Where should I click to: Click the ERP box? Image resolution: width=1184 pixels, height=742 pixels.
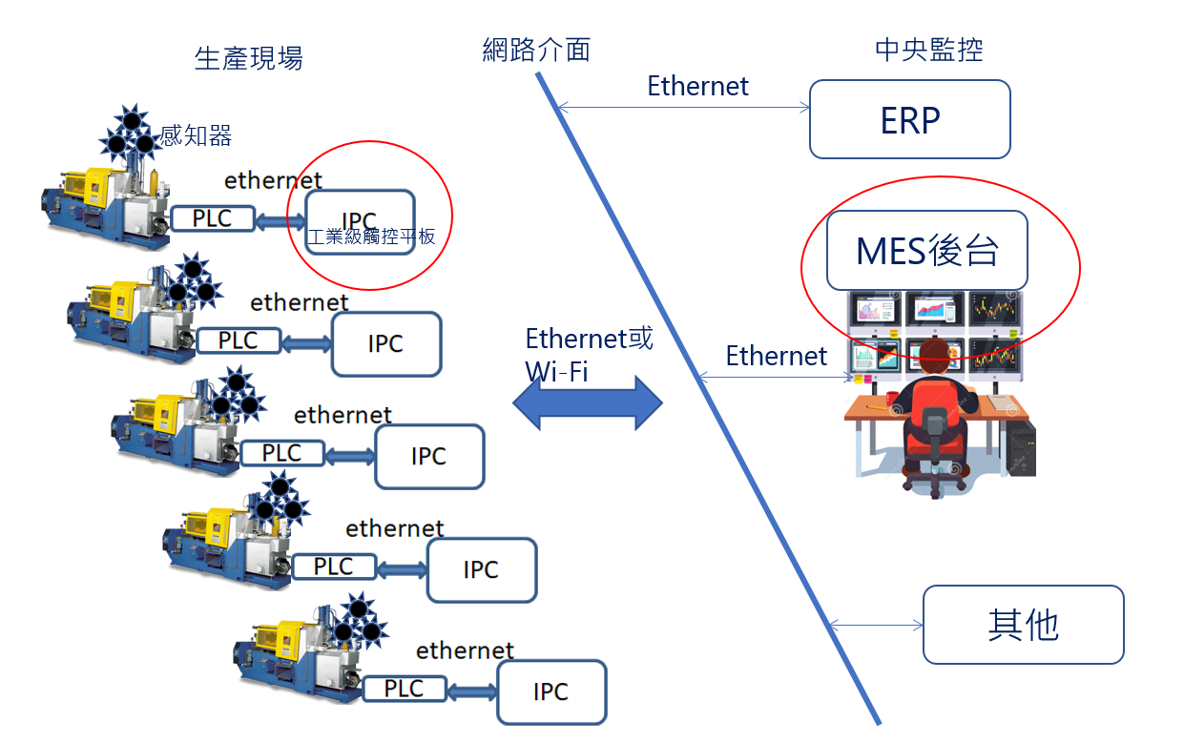coord(909,119)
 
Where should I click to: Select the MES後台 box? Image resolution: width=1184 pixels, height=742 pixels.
coord(926,251)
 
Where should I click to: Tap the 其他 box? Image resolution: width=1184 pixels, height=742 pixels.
coord(1023,625)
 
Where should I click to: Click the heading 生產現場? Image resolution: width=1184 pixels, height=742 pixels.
coord(248,58)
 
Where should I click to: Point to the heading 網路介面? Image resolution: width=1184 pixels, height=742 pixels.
coord(536,50)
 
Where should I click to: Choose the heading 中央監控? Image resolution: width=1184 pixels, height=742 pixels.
coord(928,50)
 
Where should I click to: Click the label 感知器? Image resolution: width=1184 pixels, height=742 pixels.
coord(196,135)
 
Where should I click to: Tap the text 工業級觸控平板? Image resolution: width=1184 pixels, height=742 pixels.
coord(371,237)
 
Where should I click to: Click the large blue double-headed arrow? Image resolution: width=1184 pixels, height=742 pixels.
coord(588,402)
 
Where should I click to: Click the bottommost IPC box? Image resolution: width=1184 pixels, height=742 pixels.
coord(550,692)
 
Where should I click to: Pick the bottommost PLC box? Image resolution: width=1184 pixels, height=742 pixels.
coord(404,689)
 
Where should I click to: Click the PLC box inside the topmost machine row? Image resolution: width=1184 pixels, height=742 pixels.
coord(212,218)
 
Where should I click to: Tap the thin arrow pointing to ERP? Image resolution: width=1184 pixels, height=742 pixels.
coord(683,109)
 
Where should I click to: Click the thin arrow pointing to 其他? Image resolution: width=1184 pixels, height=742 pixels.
coord(875,626)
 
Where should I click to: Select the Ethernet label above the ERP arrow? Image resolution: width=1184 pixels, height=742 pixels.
coord(697,86)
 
